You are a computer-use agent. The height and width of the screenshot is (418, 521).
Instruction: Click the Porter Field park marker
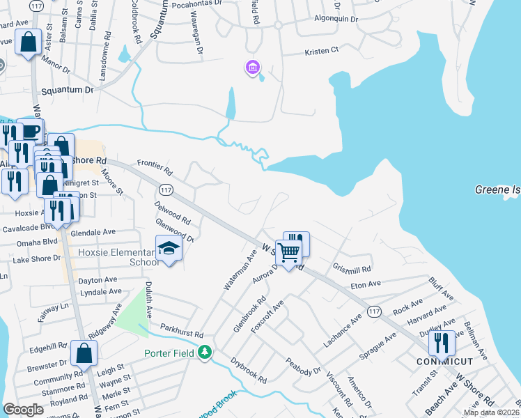[x=205, y=353]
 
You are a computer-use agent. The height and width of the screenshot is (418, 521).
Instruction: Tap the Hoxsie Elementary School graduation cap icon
[x=168, y=249]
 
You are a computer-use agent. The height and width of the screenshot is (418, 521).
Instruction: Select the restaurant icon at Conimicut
[x=442, y=343]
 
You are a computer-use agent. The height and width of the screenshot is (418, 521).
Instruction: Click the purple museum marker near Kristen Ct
[x=252, y=68]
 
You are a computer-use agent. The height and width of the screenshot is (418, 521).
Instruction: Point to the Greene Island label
[x=498, y=189]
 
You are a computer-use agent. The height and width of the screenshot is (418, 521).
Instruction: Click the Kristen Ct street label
[x=321, y=50]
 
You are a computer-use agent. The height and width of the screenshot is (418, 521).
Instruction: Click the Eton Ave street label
[x=366, y=284]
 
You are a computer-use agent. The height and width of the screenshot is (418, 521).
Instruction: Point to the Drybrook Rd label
[x=249, y=371]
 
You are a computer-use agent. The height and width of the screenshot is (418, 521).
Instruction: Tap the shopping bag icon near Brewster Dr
[x=84, y=353]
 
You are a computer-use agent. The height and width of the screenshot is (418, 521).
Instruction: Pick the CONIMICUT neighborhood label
[x=444, y=362]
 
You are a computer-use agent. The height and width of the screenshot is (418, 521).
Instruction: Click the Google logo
[x=24, y=410]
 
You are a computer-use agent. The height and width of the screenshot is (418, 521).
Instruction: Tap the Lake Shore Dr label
[x=37, y=258]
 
